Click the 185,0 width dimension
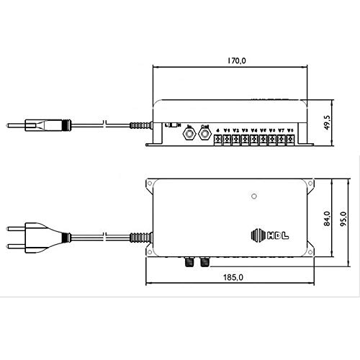coord(232,277)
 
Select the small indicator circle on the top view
coord(253,195)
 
